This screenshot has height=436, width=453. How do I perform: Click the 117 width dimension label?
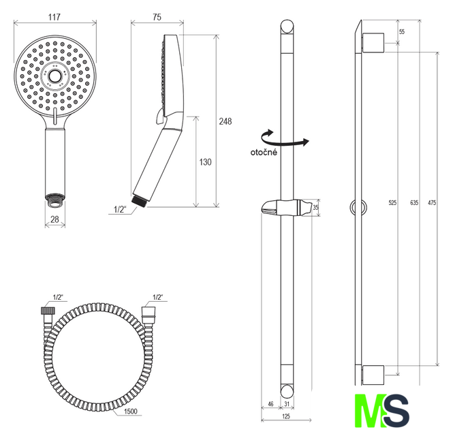click(54, 17)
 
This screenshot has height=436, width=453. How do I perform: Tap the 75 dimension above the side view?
click(157, 17)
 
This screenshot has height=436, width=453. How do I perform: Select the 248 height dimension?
click(225, 121)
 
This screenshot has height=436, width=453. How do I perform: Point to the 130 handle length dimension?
click(205, 162)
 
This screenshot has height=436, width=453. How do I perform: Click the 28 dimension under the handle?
click(55, 219)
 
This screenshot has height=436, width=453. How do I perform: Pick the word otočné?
click(264, 152)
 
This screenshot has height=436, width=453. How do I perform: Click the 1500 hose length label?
click(130, 411)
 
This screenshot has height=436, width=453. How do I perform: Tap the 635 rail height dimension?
click(414, 203)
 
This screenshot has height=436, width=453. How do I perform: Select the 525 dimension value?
click(392, 203)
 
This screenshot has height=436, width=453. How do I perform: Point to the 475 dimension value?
click(432, 203)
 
